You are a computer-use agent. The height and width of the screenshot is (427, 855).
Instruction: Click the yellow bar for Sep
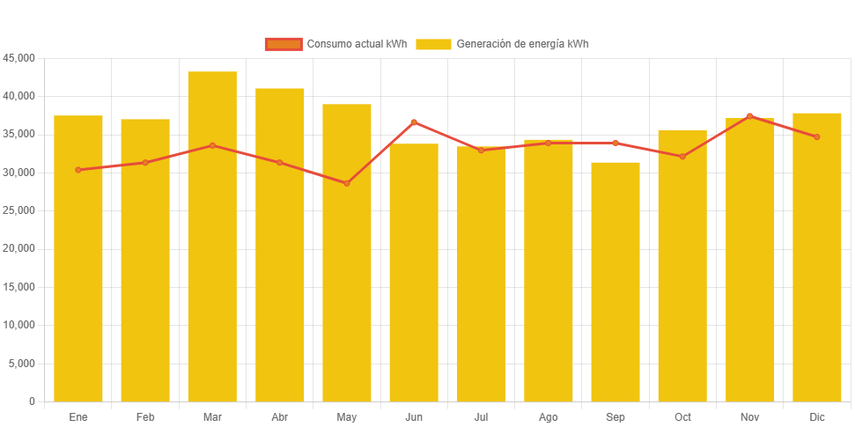[615, 282]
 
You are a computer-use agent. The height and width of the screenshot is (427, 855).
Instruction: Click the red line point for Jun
[414, 122]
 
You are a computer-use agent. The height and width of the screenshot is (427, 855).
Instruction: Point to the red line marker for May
[347, 183]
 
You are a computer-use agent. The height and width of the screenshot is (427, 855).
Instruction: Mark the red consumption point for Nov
[749, 116]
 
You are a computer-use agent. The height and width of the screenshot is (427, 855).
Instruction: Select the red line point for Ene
[78, 170]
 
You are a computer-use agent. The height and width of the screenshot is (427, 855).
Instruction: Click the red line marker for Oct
[682, 157]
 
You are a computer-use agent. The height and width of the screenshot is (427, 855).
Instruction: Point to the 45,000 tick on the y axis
[18, 57]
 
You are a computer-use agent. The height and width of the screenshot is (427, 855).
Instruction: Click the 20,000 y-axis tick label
[18, 248]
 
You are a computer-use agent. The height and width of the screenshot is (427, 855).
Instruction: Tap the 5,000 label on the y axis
[21, 363]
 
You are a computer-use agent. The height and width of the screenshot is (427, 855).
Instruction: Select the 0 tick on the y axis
[32, 401]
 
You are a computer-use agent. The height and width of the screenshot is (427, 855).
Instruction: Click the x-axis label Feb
[145, 416]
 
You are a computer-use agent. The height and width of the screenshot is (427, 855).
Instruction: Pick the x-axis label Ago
[548, 416]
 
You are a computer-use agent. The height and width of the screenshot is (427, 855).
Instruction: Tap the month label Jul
[481, 416]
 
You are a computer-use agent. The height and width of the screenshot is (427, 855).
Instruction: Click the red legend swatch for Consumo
[284, 44]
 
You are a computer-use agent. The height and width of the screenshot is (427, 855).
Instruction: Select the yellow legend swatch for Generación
[433, 44]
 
